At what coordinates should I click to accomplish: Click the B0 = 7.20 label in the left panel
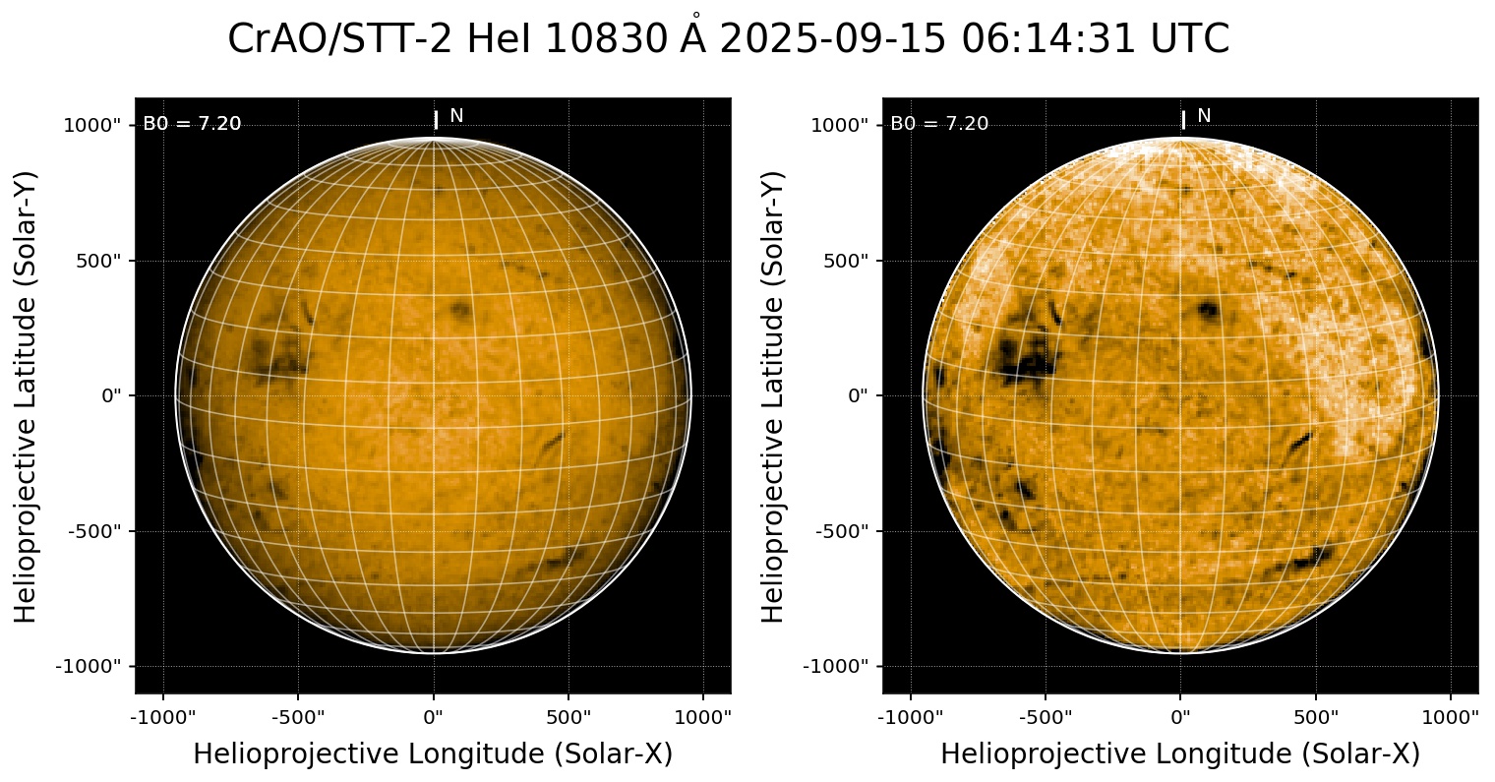(192, 124)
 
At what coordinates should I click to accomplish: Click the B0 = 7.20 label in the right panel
(939, 124)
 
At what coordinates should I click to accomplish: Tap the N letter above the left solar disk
(456, 116)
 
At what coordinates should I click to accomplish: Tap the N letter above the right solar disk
(1204, 116)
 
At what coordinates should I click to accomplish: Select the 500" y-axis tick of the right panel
(844, 261)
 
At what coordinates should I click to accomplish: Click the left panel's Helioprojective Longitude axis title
(433, 753)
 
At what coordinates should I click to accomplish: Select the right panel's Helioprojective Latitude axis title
(774, 395)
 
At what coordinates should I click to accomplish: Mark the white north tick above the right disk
(1183, 119)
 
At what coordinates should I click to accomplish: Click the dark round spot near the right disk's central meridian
(1208, 312)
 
